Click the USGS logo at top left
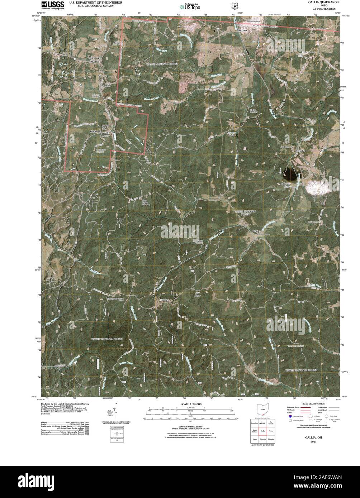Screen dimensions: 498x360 (x=53, y=5)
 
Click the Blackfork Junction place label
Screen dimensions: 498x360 (x=94, y=59)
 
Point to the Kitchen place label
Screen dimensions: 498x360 (x=243, y=31)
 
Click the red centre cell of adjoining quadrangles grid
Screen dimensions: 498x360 (x=263, y=431)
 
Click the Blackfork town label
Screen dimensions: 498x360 (x=94, y=131)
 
